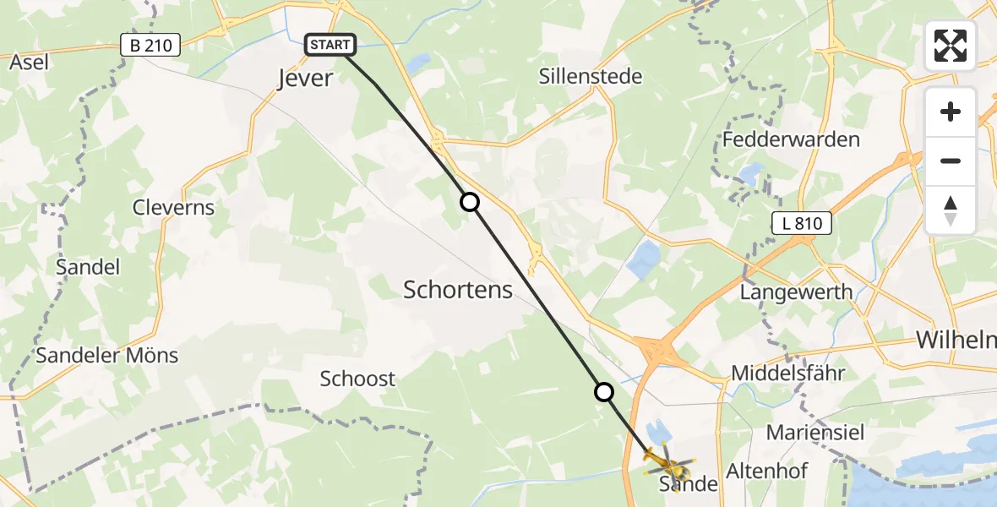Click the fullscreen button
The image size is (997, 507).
(x=951, y=46)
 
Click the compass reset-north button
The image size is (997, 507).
(x=951, y=210)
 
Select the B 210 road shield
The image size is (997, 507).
(x=151, y=46)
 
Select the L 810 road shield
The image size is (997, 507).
(x=802, y=224)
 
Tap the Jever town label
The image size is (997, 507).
(x=306, y=79)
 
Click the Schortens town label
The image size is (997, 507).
(x=458, y=290)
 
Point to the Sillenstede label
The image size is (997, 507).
(x=591, y=77)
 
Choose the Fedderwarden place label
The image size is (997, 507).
(x=792, y=139)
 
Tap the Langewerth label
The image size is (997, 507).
(x=796, y=292)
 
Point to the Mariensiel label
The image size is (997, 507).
(x=815, y=433)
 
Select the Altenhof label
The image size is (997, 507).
(x=767, y=471)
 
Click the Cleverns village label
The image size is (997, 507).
(x=173, y=208)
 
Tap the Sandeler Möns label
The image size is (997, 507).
(x=107, y=355)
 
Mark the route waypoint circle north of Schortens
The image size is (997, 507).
(x=469, y=202)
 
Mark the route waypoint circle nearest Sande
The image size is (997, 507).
(x=603, y=392)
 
